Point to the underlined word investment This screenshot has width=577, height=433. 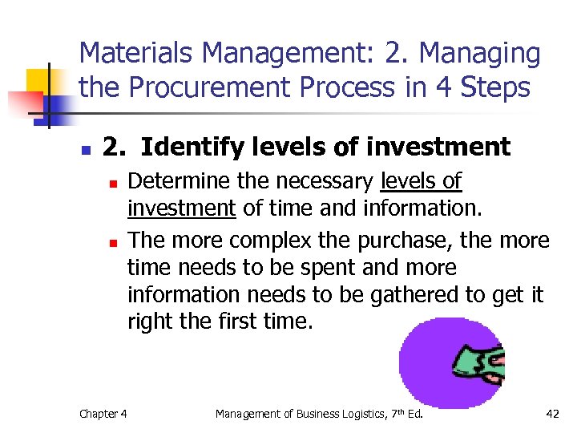coord(181,209)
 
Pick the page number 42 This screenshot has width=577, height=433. coord(551,414)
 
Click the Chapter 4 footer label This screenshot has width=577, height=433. coord(103,414)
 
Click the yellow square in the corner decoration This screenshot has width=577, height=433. coord(38,83)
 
